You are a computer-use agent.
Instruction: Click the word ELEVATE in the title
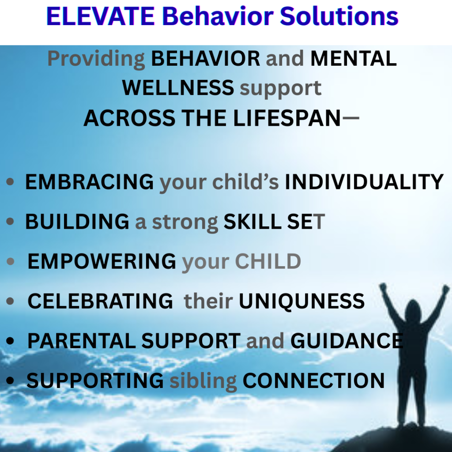[101, 16]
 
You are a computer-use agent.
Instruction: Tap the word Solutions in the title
[339, 16]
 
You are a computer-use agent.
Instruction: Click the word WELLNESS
[178, 88]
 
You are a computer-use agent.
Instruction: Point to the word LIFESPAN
[287, 118]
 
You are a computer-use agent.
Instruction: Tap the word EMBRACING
[89, 182]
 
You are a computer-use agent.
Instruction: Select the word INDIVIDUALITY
[364, 182]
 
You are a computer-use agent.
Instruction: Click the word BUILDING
[77, 222]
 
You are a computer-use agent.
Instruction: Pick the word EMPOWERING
[102, 261]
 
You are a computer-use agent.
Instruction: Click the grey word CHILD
[268, 261]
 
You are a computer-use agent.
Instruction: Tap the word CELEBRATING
[100, 301]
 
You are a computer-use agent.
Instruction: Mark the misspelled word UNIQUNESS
[302, 301]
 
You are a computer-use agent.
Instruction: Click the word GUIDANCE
[347, 341]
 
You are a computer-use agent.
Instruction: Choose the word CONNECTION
[314, 381]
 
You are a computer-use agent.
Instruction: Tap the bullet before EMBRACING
[10, 182]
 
